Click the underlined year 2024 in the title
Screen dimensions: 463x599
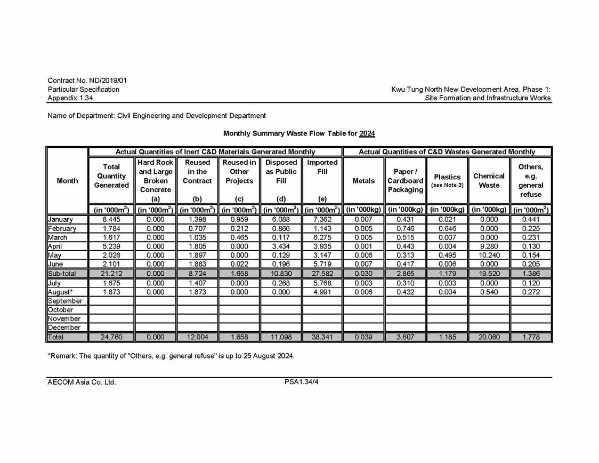[367, 133]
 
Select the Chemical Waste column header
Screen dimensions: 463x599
[489, 180]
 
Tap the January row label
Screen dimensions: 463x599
[60, 219]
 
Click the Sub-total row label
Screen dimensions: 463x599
[62, 274]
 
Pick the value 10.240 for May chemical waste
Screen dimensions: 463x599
[489, 256]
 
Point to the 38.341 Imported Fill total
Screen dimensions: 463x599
[322, 337]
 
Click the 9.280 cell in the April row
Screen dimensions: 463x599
[489, 246]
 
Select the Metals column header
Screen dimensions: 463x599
[363, 181]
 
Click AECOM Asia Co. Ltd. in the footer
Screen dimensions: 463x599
[82, 382]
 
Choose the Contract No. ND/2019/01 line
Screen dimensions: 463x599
[87, 81]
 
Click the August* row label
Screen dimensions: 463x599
[60, 292]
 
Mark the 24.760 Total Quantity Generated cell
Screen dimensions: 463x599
[111, 337]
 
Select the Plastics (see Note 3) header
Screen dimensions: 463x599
[447, 180]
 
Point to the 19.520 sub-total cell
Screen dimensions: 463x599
[489, 274]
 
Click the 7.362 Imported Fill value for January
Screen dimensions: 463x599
[322, 219]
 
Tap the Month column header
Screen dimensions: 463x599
[67, 181]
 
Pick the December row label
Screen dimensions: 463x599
[64, 328]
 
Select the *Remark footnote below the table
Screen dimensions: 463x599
[171, 355]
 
